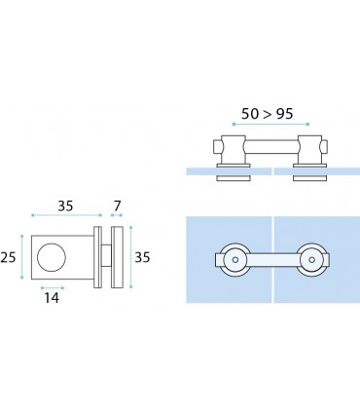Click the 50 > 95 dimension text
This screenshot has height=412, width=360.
(267, 114)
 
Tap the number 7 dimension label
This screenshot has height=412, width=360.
(117, 206)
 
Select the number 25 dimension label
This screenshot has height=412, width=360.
(8, 257)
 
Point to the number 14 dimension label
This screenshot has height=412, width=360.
(52, 298)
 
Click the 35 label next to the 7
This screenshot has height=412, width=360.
(65, 206)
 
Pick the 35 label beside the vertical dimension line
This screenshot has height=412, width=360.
(142, 257)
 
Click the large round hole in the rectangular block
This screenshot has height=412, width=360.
(52, 257)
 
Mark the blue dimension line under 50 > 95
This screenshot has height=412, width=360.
(271, 124)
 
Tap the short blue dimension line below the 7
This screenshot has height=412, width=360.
(117, 215)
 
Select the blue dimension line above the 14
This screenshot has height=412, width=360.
(53, 287)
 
